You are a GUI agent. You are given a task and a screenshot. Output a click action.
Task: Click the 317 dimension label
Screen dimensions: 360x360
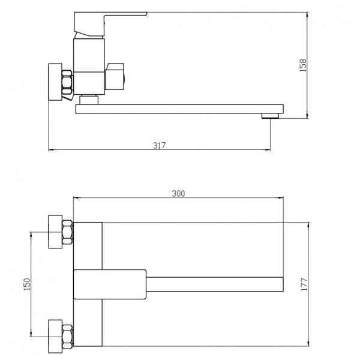point(160,145)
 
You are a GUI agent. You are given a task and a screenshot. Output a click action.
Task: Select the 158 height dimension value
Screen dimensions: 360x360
point(303,65)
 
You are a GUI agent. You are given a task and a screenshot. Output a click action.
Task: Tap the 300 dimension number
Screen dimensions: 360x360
point(178,194)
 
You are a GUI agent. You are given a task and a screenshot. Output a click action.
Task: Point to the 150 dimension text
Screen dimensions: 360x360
point(27,284)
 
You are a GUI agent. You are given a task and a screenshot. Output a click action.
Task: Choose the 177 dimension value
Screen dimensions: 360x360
point(304,284)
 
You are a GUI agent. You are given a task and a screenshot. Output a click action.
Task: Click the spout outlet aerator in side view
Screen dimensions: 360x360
point(270,116)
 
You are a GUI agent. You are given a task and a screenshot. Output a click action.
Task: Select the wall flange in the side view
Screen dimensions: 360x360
point(55,82)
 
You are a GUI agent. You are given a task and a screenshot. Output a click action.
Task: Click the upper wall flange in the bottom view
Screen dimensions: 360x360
point(55,232)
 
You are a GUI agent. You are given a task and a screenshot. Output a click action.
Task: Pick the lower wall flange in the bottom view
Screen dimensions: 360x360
point(55,337)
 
